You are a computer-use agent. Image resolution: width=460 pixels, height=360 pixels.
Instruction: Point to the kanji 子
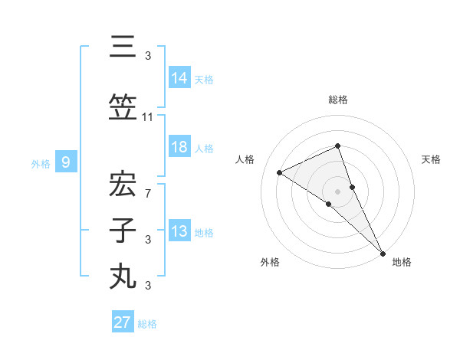pos(123,231)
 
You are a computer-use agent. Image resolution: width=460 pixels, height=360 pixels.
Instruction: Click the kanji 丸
pos(123,276)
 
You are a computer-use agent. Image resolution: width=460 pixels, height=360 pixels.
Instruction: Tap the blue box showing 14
pos(179,77)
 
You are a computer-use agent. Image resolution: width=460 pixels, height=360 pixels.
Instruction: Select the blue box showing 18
pos(179,148)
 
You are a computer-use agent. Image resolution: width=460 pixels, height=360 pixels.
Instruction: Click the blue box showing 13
pos(179,231)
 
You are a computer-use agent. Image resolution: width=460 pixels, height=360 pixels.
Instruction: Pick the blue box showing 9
pos(67,162)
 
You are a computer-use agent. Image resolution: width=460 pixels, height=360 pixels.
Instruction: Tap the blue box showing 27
pos(123,322)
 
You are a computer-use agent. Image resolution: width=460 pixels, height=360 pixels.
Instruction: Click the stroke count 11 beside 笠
pos(148,116)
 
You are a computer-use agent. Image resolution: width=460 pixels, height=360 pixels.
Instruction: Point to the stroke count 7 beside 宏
pos(148,193)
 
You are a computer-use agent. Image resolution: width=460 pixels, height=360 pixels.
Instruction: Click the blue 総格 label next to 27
pos(147,324)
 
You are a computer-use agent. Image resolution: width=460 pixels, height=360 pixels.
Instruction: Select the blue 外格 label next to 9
pos(41,163)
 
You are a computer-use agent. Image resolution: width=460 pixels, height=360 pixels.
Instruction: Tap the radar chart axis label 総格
pos(337,100)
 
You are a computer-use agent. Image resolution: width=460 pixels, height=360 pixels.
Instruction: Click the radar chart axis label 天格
pos(431,159)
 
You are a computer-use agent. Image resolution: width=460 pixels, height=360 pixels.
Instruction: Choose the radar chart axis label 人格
pos(245,159)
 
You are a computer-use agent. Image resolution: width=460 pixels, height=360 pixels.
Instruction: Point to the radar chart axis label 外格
pos(270,263)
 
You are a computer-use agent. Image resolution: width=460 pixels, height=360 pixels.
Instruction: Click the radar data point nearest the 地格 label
pos(383,252)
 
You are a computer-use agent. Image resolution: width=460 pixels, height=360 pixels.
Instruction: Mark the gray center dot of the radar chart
pos(337,191)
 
